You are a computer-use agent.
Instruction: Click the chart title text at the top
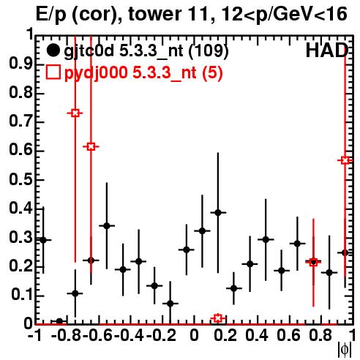tap(192, 15)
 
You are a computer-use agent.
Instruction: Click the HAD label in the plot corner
tap(327, 50)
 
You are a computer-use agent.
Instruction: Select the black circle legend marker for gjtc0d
tap(53, 50)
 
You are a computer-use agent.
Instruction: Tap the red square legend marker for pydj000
tap(53, 72)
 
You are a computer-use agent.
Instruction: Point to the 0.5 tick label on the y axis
tap(20, 180)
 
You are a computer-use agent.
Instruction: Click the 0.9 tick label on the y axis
tap(20, 64)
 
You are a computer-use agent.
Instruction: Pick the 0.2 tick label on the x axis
tap(225, 335)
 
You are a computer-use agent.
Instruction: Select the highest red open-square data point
tap(75, 113)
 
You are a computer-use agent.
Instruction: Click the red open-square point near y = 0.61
tap(91, 146)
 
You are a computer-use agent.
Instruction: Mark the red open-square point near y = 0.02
tap(218, 318)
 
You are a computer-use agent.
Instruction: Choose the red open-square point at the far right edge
tap(345, 160)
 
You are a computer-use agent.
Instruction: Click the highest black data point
tap(218, 213)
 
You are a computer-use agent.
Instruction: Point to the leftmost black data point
tap(43, 240)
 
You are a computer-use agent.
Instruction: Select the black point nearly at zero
tap(59, 321)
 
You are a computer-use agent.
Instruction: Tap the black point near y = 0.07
tap(170, 304)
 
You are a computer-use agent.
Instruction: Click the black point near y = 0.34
tap(107, 226)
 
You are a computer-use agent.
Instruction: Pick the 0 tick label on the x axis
tap(194, 335)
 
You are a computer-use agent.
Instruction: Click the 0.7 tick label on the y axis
tap(20, 122)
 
